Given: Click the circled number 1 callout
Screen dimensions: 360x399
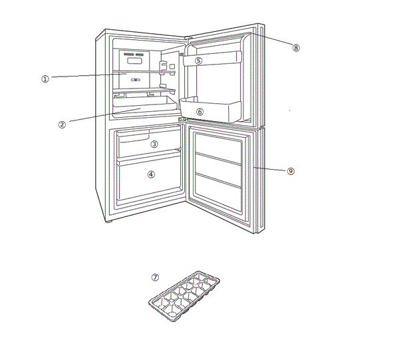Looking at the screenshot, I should (45, 79).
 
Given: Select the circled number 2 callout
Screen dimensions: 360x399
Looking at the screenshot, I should (62, 124).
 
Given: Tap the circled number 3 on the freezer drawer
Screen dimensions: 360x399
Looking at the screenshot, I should (154, 144).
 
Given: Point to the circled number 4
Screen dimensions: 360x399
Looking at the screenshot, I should (151, 174).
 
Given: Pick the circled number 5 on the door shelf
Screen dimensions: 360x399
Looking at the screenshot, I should (198, 61).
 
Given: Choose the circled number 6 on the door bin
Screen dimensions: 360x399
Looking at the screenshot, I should (199, 112).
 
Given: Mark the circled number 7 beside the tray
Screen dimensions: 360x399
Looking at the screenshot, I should (156, 277).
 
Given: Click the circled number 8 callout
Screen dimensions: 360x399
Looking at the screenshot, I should (296, 47).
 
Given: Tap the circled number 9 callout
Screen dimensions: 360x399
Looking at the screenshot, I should (291, 171).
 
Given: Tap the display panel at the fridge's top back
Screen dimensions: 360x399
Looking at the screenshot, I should (135, 59).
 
